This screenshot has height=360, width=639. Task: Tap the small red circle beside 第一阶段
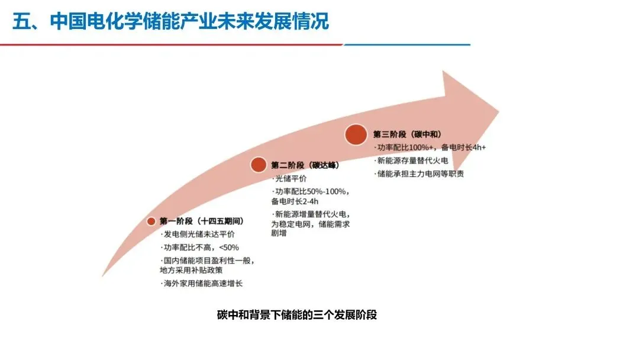pos(151,221)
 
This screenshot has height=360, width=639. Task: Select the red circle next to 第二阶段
pos(258,165)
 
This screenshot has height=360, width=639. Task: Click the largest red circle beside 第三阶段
pos(356,134)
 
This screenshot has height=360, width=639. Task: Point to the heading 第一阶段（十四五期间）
pos(202,221)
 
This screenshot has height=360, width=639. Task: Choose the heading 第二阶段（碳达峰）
pos(305,165)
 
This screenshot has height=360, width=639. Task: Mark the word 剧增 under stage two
pos(280,234)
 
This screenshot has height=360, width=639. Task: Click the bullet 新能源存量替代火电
pos(413,160)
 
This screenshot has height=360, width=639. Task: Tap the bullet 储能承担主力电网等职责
pos(421,173)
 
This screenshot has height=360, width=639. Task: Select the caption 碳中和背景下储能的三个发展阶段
pos(297,315)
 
